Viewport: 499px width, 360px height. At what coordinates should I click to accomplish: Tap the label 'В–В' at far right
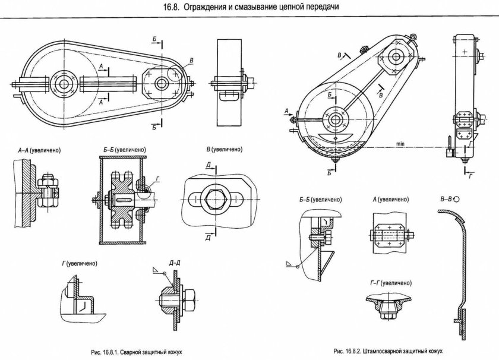click(x=451, y=201)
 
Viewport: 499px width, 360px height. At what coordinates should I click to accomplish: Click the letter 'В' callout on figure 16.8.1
click(x=191, y=61)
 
